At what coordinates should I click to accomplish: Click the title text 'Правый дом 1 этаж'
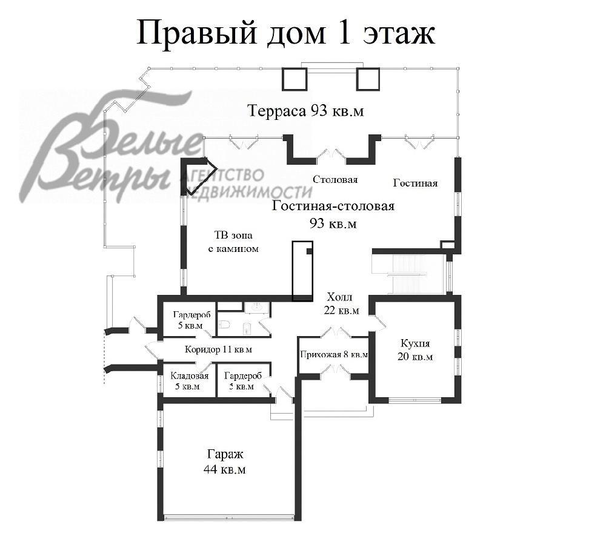click(286, 33)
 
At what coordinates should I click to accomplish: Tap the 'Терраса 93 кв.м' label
click(305, 111)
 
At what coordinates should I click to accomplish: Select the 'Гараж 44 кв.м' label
click(225, 461)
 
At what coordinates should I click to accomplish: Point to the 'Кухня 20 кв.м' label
click(415, 349)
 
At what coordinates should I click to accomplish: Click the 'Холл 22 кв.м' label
click(341, 303)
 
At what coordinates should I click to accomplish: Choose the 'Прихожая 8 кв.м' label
click(334, 355)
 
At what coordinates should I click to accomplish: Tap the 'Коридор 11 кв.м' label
click(218, 349)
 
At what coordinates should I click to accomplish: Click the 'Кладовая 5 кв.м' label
click(189, 381)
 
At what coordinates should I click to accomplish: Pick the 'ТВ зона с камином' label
click(233, 242)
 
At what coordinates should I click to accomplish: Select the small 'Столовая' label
click(335, 180)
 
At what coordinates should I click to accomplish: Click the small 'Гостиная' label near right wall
click(415, 183)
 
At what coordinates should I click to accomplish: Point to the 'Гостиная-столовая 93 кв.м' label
click(333, 214)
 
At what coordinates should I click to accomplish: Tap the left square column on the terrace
click(294, 79)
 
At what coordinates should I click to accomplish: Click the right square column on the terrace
click(368, 79)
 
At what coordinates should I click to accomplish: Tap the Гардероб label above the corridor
click(191, 320)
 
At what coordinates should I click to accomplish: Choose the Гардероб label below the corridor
click(243, 381)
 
